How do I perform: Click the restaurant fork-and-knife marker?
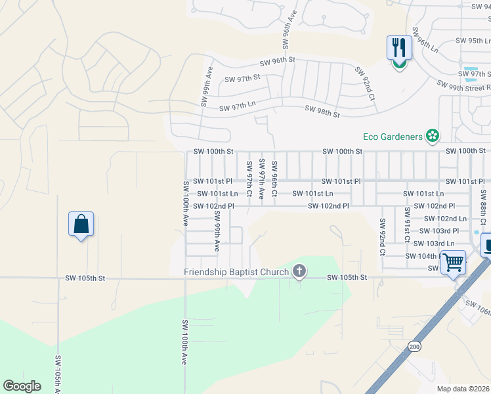click(399, 48)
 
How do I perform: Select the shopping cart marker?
click(454, 262)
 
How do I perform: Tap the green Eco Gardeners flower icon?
click(432, 136)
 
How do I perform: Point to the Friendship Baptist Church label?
click(237, 272)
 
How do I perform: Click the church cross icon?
click(299, 271)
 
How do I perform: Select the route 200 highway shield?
click(414, 345)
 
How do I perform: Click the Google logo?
click(22, 386)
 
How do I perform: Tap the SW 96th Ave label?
click(286, 30)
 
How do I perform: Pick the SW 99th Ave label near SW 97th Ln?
click(206, 85)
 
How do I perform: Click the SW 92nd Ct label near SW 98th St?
click(364, 83)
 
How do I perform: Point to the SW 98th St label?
click(322, 112)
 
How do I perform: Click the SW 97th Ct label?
click(249, 177)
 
